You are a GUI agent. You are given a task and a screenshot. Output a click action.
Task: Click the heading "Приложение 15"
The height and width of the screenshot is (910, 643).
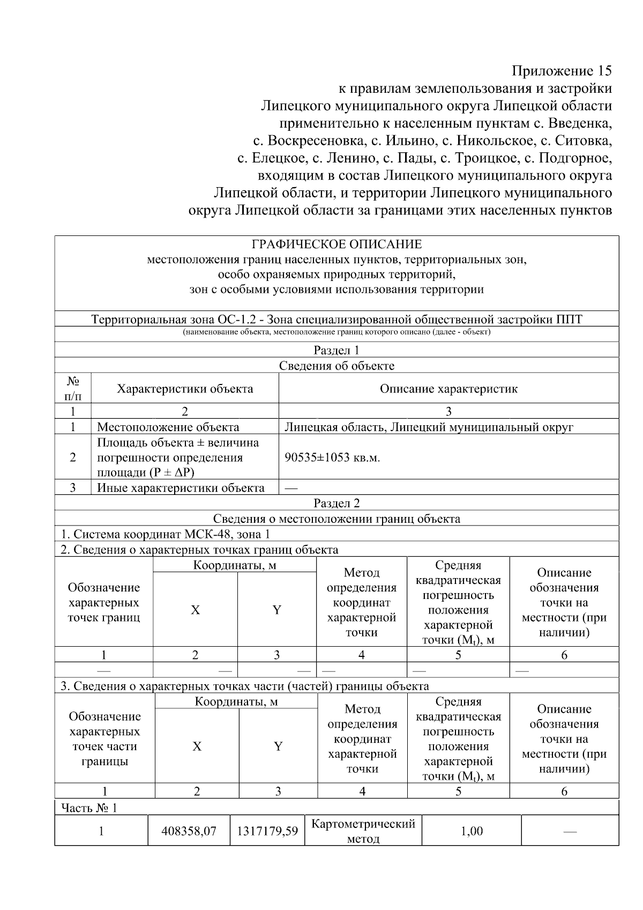tap(561, 71)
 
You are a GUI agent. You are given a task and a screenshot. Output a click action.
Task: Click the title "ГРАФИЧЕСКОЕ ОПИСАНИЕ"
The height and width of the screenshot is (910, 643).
tap(337, 245)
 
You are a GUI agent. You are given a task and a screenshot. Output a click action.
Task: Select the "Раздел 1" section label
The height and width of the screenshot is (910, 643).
tap(337, 351)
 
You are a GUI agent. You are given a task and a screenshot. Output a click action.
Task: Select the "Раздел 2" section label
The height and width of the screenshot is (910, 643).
tap(337, 503)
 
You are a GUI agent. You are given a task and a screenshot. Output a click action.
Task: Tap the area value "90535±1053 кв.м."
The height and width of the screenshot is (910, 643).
tap(332, 457)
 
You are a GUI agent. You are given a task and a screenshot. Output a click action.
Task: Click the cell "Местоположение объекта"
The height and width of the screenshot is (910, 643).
tap(168, 427)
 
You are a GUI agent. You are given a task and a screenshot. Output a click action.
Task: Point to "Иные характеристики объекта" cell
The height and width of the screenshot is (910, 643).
tap(181, 488)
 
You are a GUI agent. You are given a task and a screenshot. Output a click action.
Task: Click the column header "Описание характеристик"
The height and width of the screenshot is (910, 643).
tap(448, 389)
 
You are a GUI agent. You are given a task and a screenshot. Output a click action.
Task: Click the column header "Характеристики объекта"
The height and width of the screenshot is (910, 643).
tap(185, 389)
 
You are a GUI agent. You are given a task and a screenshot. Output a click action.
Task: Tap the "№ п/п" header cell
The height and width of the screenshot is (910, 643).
tap(73, 389)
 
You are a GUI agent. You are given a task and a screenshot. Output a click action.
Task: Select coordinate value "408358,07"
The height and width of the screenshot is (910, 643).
tap(189, 831)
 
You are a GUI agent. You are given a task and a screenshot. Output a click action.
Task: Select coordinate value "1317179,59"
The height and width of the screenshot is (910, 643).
tap(267, 831)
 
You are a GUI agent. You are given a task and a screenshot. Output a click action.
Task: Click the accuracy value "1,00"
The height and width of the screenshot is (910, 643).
tap(472, 831)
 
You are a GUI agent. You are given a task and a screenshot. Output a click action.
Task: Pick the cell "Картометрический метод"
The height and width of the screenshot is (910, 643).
tap(363, 831)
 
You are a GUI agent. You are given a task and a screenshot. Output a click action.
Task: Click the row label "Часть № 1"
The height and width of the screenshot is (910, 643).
tap(89, 808)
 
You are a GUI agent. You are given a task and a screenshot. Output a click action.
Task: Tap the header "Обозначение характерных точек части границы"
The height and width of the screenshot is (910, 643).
tap(105, 739)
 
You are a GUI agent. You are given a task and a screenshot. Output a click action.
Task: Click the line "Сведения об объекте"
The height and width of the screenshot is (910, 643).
tap(337, 366)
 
